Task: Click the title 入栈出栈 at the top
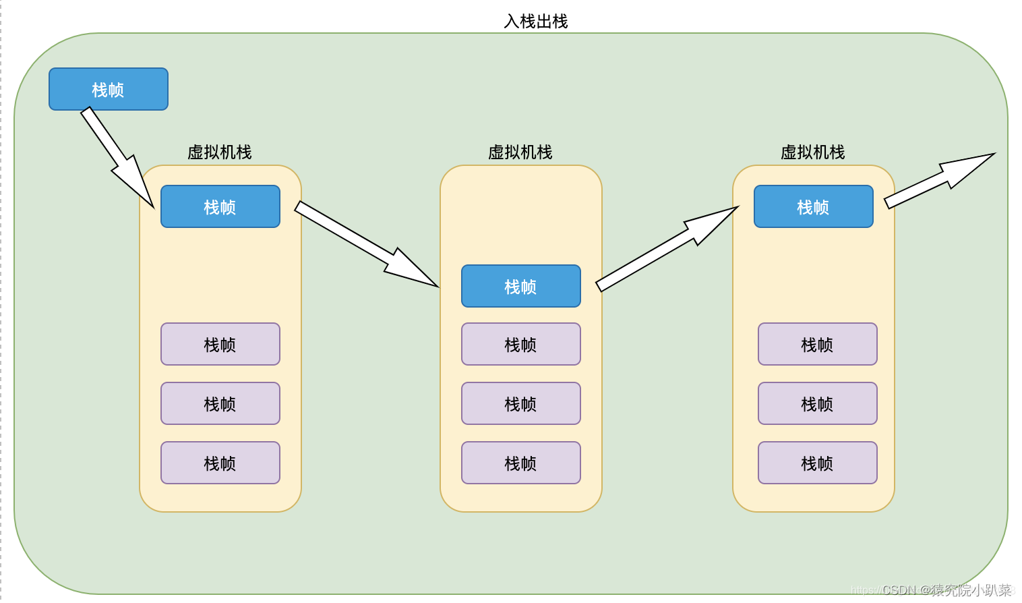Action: [x=536, y=22]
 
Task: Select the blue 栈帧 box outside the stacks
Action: [x=109, y=89]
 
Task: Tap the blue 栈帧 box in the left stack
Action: [x=220, y=206]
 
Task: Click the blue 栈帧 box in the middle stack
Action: [x=521, y=286]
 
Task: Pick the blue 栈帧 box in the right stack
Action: [x=814, y=206]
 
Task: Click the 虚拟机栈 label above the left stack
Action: [x=220, y=152]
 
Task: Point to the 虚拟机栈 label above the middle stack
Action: [x=520, y=152]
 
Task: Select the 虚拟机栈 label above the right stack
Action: [x=813, y=152]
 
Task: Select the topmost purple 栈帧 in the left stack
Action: [x=220, y=344]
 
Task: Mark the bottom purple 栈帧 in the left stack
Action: [x=220, y=463]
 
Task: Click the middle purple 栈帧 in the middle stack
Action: [x=521, y=403]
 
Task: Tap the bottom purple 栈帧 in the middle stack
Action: [x=521, y=463]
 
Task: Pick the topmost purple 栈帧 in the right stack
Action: [x=818, y=344]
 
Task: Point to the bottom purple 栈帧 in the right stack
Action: [x=818, y=463]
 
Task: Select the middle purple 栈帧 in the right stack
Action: [x=818, y=403]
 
